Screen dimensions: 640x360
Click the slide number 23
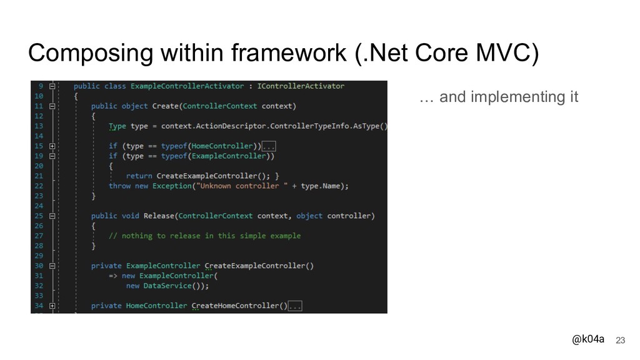click(x=620, y=340)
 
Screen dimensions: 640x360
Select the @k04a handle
click(x=588, y=339)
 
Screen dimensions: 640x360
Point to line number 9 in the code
click(x=41, y=86)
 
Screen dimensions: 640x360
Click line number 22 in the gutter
click(x=39, y=186)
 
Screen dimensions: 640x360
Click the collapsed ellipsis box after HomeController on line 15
click(x=269, y=146)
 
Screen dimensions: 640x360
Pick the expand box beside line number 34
click(x=52, y=306)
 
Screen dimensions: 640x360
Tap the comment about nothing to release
click(x=205, y=236)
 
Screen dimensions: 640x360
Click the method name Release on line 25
click(x=158, y=216)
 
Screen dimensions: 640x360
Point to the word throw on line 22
click(x=119, y=186)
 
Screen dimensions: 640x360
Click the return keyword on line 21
click(x=139, y=176)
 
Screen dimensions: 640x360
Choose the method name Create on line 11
click(x=165, y=106)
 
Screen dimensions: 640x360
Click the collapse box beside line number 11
click(x=52, y=106)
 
